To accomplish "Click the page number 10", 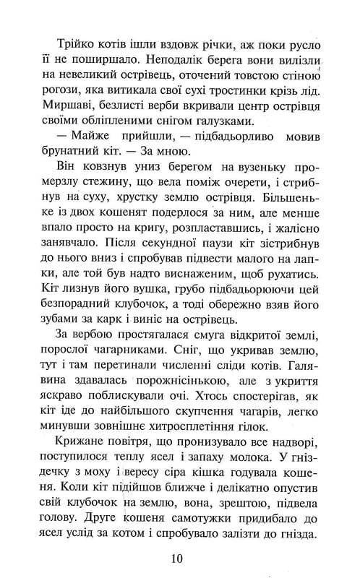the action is tap(180, 557).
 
